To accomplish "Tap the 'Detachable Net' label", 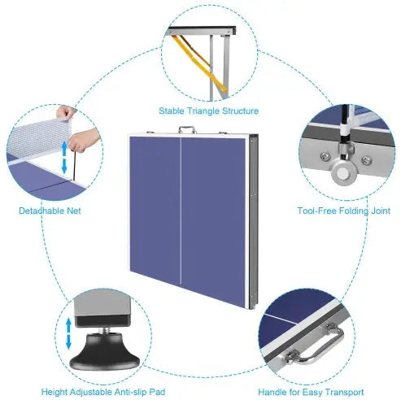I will [50, 211].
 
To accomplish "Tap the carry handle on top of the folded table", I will [190, 128].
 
